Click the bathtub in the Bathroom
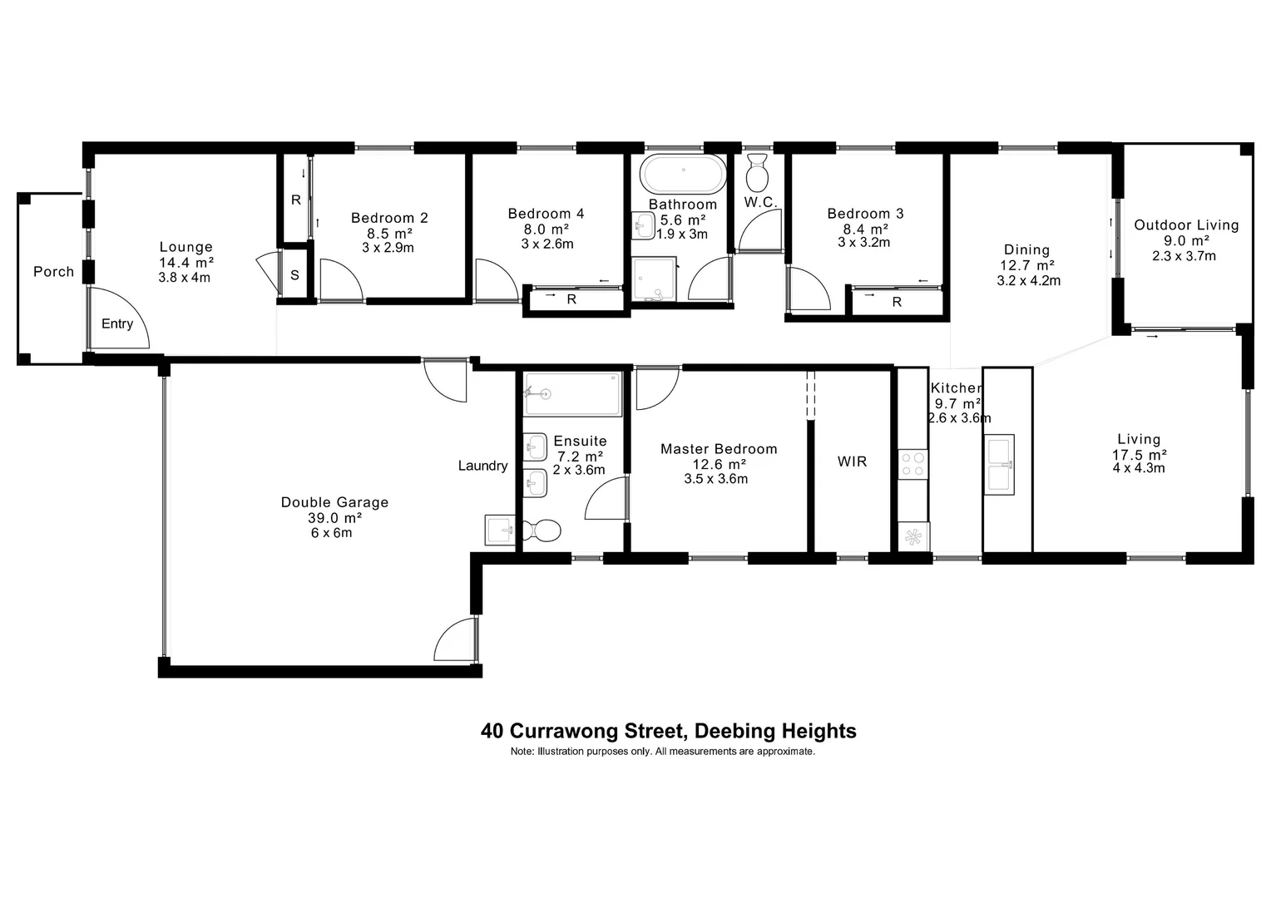683,175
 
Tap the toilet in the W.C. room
757,174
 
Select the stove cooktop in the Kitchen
912,463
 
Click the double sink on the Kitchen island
1000,465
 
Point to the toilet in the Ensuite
541,530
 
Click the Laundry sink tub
501,530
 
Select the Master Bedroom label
719,449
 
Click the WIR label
852,461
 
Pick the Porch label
53,272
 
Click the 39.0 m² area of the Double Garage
334,517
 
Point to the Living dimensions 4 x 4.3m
1139,468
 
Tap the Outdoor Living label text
1186,225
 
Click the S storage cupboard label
295,276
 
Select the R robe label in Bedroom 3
897,303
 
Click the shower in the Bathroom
655,279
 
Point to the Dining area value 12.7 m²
1026,265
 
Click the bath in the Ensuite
573,393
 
